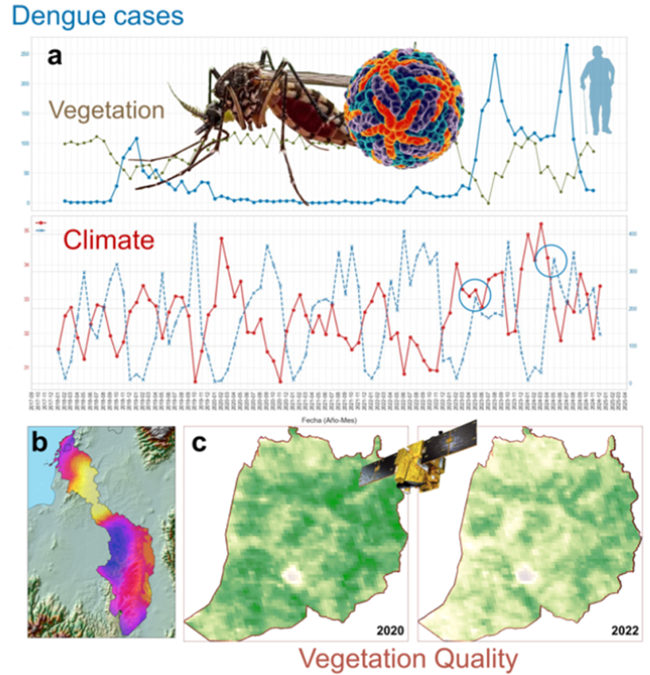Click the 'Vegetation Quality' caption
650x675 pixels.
pos(407,657)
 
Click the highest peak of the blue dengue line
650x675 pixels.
pos(566,45)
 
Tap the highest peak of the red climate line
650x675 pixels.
pos(541,223)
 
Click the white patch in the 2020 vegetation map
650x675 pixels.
pos(291,575)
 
